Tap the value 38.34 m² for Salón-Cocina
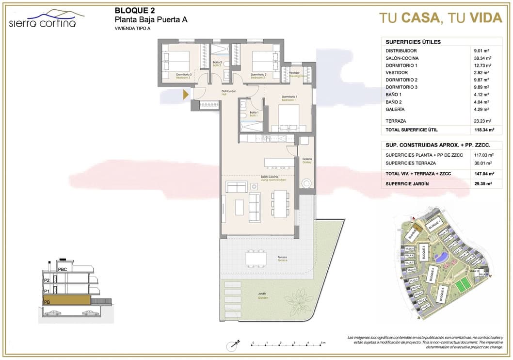[x=483, y=58]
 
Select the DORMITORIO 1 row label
[x=401, y=65]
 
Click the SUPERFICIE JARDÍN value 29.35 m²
[x=483, y=184]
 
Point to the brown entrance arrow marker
[x=186, y=95]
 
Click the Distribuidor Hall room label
[x=228, y=92]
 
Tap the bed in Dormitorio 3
[x=175, y=62]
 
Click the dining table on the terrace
[x=256, y=257]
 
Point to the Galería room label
[x=307, y=160]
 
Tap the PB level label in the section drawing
[x=47, y=302]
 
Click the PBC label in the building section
[x=62, y=269]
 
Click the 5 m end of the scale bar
[x=322, y=344]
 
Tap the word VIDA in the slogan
[x=486, y=18]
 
